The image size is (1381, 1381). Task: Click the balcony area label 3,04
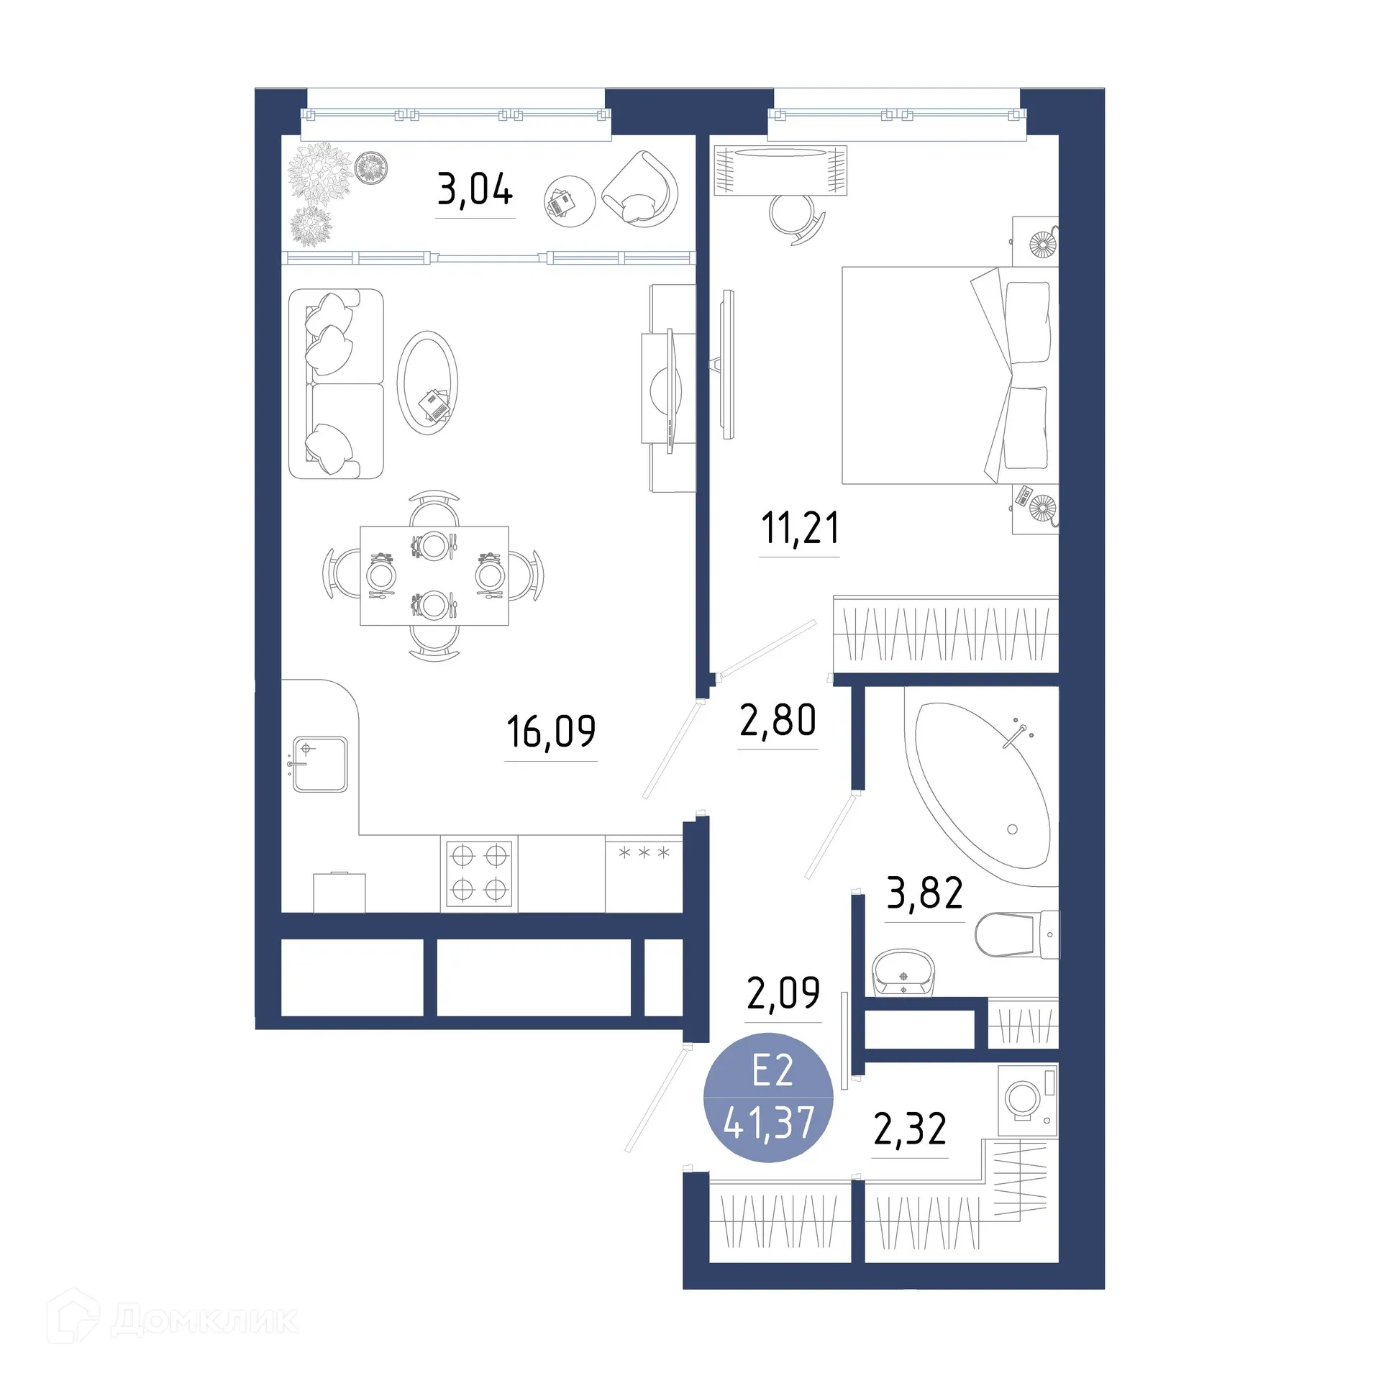pyautogui.click(x=475, y=189)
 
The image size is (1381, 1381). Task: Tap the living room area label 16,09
pyautogui.click(x=551, y=731)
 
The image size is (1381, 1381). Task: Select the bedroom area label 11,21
pyautogui.click(x=800, y=527)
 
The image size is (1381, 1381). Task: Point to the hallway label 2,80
pyautogui.click(x=778, y=720)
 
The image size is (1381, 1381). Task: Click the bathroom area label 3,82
pyautogui.click(x=924, y=893)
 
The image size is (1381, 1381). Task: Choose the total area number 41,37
pyautogui.click(x=769, y=1123)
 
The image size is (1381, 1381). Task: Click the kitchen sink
pyautogui.click(x=320, y=764)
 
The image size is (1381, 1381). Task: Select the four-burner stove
pyautogui.click(x=479, y=873)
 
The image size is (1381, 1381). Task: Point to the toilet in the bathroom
pyautogui.click(x=1014, y=934)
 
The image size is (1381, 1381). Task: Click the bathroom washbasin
pyautogui.click(x=903, y=972)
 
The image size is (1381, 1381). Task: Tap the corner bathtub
pyautogui.click(x=982, y=784)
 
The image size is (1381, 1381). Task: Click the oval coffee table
pyautogui.click(x=428, y=383)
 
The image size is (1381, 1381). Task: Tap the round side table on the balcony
pyautogui.click(x=569, y=201)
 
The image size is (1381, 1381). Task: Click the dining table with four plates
pyautogui.click(x=434, y=575)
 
